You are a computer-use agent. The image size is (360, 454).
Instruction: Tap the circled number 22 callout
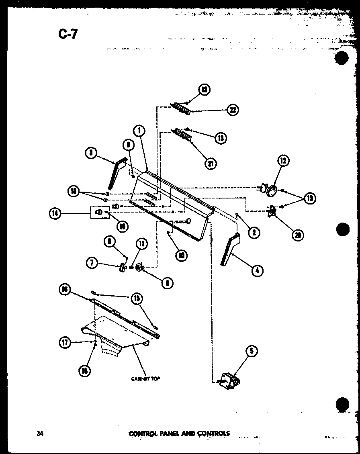pyautogui.click(x=232, y=110)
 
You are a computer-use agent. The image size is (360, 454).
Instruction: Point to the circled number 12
pyautogui.click(x=284, y=161)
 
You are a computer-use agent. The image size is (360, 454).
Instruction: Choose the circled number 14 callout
pyautogui.click(x=55, y=214)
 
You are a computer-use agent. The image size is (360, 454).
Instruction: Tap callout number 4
pyautogui.click(x=257, y=271)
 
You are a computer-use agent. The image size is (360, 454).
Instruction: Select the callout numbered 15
pyautogui.click(x=136, y=298)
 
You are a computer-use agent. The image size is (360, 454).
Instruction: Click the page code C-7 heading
pyautogui.click(x=67, y=35)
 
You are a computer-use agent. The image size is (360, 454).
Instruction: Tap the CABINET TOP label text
pyautogui.click(x=145, y=378)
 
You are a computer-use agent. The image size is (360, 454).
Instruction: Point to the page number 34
pyautogui.click(x=39, y=433)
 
